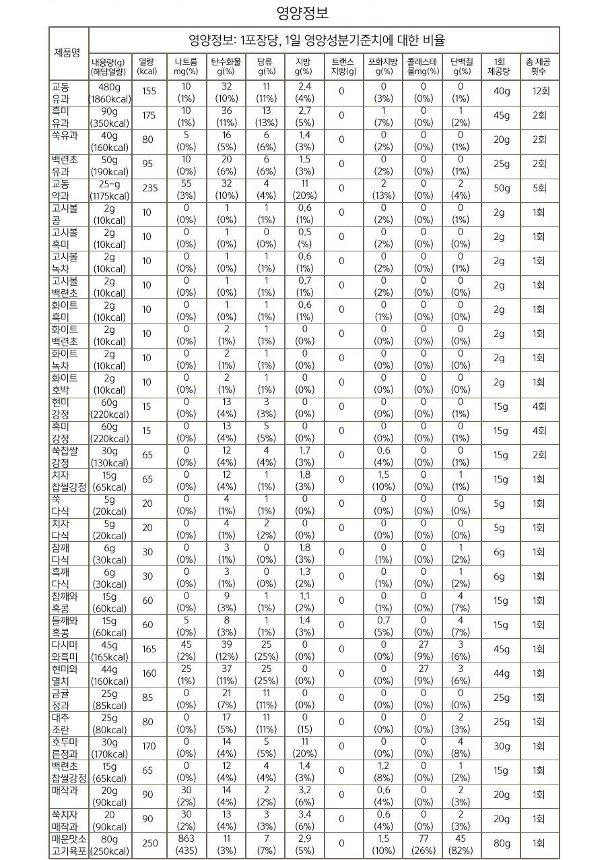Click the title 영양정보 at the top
pos(303,13)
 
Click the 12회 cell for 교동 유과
pos(539,91)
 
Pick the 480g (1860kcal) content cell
pos(109,92)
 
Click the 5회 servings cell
pos(539,188)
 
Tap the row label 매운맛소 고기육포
pos(69,843)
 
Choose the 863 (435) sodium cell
pos(186,843)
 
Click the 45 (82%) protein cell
pos(461,843)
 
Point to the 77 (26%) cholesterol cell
pos(423,843)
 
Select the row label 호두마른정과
pos(69,746)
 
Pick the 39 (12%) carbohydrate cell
pos(226,649)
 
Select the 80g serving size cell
pos(501,843)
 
